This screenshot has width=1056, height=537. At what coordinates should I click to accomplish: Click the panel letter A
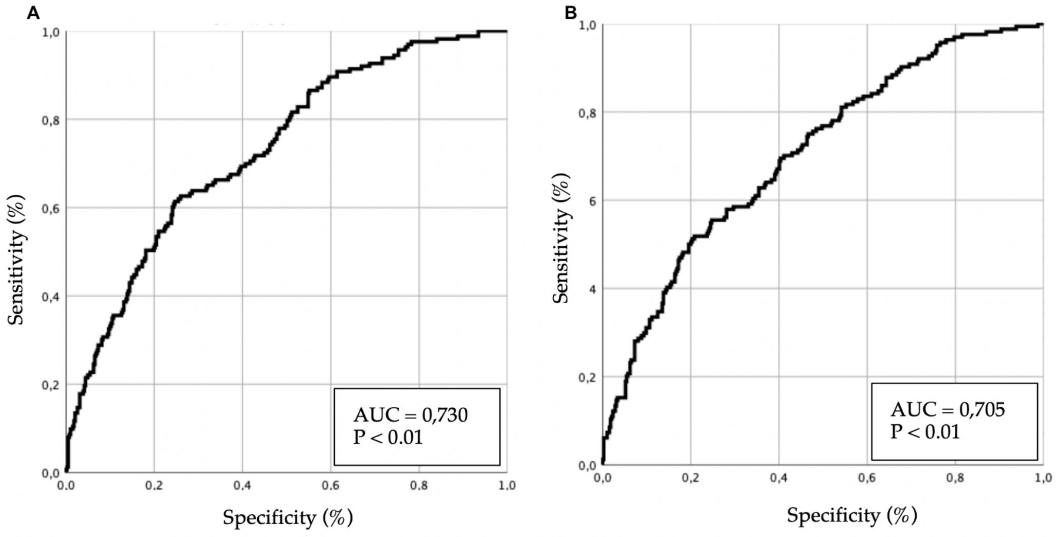[x=33, y=14]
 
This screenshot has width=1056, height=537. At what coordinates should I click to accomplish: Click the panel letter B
[x=571, y=14]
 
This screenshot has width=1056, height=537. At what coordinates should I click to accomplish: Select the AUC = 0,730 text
[x=410, y=415]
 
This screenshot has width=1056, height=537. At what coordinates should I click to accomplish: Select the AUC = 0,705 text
[x=948, y=410]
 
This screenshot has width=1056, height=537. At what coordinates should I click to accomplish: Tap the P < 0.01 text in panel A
[x=388, y=437]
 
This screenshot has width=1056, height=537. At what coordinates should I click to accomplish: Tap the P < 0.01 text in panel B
[x=925, y=432]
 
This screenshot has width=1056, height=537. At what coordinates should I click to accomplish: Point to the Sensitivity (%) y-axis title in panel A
[x=16, y=260]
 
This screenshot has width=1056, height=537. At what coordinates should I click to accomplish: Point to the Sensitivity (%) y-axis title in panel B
[x=561, y=238]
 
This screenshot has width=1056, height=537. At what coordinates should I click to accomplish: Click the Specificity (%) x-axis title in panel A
[x=287, y=518]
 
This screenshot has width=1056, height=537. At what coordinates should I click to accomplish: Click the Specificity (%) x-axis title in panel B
[x=851, y=515]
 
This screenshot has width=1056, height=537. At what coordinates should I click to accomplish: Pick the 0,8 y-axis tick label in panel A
[x=51, y=120]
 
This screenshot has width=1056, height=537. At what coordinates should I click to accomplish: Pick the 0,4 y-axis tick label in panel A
[x=51, y=297]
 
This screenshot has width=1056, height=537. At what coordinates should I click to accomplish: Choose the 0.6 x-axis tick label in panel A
[x=331, y=486]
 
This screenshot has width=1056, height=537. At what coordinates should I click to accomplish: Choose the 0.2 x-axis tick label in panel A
[x=154, y=486]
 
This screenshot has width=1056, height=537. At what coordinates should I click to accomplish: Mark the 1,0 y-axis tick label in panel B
[x=587, y=25]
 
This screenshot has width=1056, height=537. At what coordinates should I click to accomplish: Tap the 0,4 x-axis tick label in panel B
[x=778, y=479]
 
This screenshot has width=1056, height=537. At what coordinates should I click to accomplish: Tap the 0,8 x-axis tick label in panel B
[x=955, y=479]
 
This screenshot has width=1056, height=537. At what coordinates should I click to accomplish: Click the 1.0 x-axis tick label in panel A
[x=507, y=486]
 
